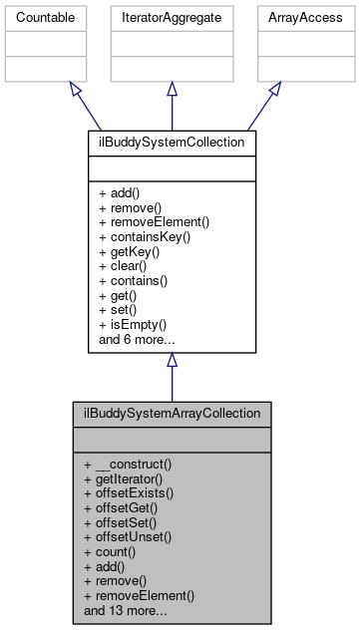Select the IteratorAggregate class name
172,18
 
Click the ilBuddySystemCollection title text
172,143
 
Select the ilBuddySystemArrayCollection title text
172,413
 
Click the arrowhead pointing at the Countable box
75,89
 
